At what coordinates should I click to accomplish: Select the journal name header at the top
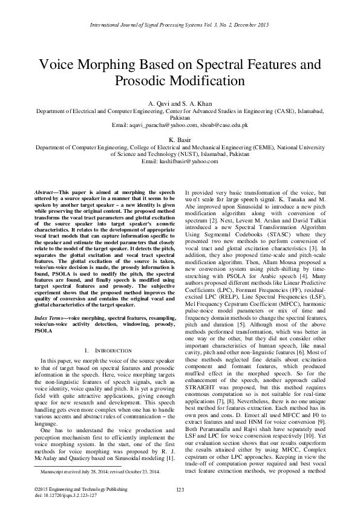click(180, 25)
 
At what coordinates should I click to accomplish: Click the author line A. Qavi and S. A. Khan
click(180, 103)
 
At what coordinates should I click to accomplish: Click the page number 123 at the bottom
click(180, 488)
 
